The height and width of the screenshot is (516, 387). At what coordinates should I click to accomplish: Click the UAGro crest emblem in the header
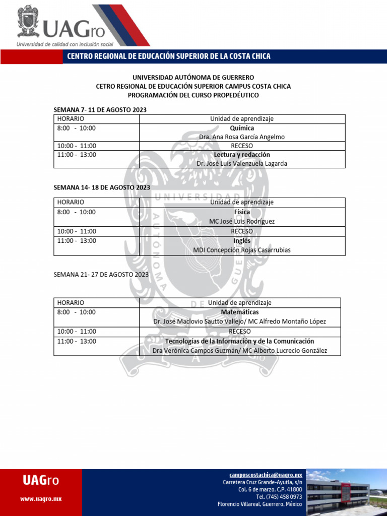28,21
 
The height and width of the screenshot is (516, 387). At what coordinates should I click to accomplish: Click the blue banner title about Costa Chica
169,56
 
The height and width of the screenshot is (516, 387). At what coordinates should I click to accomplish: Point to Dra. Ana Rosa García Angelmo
242,137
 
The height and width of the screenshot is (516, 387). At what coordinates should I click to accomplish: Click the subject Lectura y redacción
242,155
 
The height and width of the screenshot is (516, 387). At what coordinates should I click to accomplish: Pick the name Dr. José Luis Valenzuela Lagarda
242,164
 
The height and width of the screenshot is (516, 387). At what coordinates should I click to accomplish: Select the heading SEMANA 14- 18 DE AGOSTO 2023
102,187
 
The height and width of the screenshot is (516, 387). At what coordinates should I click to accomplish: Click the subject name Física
242,212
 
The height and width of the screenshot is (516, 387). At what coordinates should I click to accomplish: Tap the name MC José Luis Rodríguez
242,221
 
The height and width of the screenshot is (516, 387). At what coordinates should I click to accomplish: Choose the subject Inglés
242,241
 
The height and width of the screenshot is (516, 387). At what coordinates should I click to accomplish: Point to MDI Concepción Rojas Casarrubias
242,250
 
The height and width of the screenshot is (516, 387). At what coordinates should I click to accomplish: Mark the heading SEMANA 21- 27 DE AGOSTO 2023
101,275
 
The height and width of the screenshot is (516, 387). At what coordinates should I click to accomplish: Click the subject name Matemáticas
240,312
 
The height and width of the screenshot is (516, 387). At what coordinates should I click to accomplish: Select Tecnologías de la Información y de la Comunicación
240,341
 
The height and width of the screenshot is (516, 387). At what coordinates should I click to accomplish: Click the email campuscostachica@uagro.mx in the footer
266,475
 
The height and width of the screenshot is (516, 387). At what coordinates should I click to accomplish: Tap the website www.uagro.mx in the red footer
41,499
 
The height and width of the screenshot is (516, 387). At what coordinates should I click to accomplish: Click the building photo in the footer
346,492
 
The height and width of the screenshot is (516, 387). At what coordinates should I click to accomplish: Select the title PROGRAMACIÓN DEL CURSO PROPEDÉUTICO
193,95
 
